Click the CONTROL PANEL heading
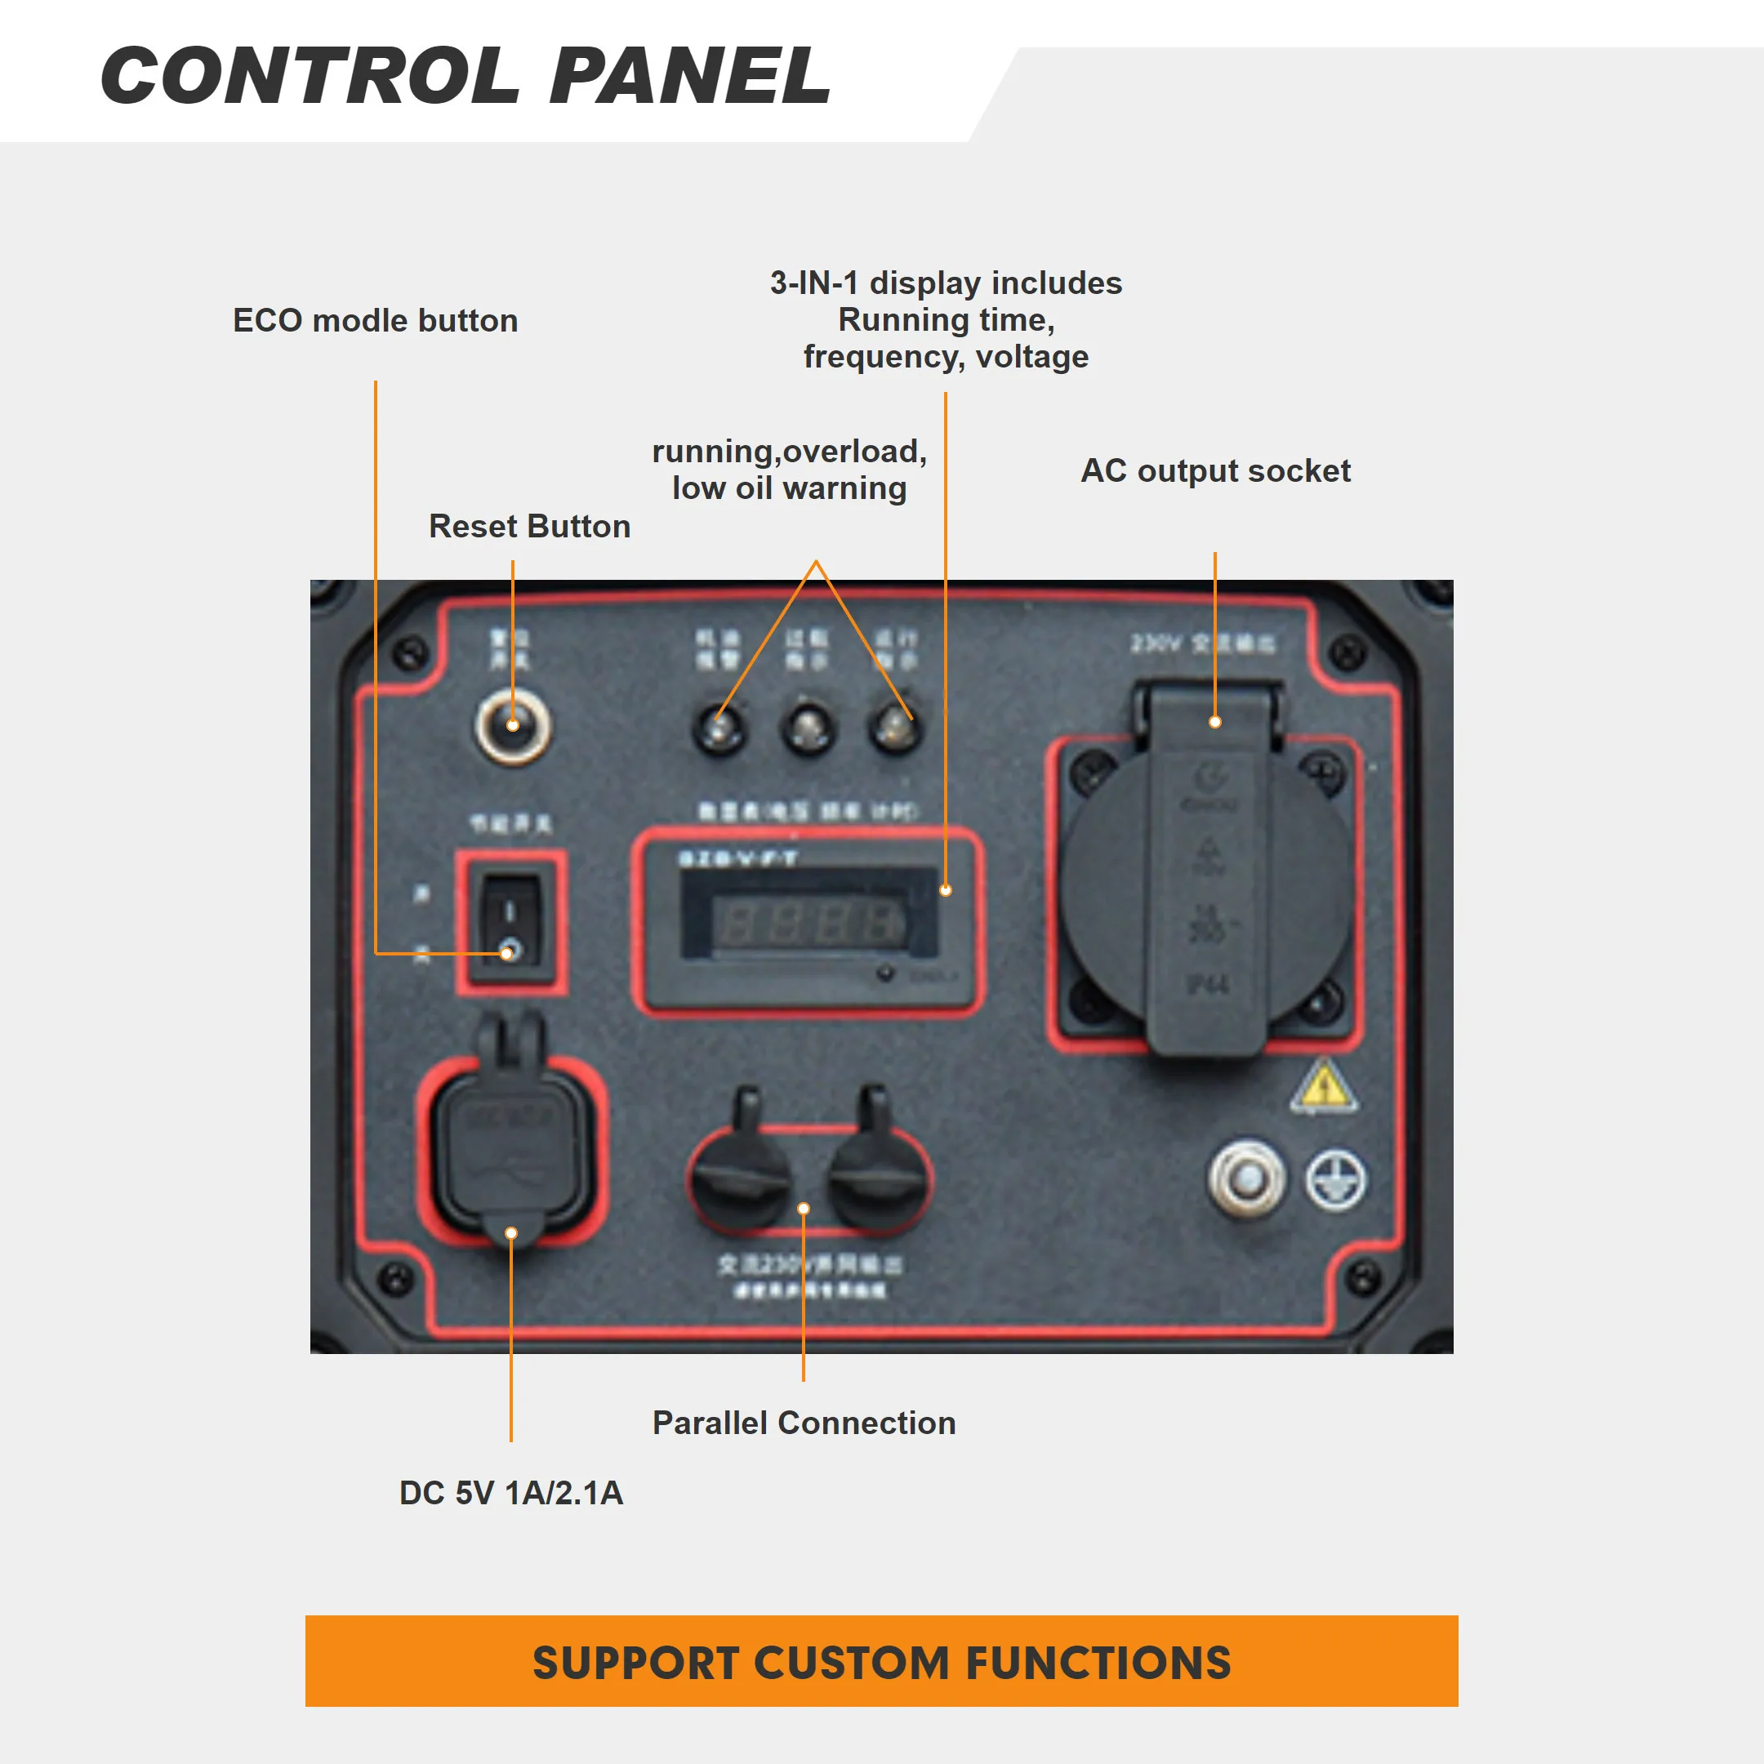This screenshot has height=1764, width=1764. (x=465, y=76)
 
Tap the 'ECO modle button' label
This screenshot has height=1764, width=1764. (x=376, y=320)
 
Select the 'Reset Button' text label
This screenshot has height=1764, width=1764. (x=529, y=526)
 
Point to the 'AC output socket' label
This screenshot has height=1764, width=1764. (x=1215, y=470)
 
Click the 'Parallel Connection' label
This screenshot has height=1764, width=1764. (x=804, y=1423)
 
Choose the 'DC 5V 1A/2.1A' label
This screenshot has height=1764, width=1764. (x=511, y=1493)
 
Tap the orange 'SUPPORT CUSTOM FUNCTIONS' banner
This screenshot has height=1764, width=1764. (x=881, y=1661)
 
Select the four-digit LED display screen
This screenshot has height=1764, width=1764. (x=809, y=922)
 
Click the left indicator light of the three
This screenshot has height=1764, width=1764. (x=720, y=728)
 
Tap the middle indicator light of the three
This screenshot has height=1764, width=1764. (x=808, y=728)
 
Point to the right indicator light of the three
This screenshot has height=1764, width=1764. (x=895, y=728)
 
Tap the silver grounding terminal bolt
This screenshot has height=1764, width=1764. (x=1247, y=1178)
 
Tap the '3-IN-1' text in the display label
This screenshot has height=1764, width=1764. (x=813, y=283)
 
